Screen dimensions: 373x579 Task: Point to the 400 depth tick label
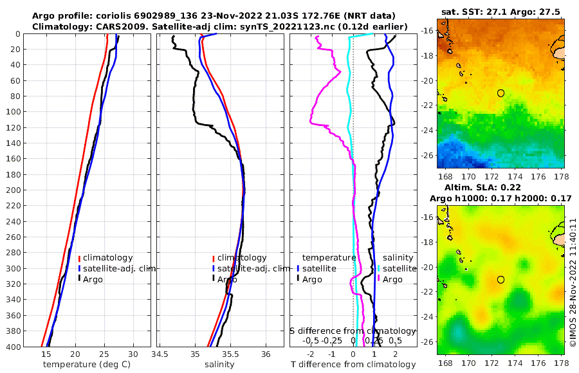(14, 347)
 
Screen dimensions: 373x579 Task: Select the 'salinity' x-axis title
(219, 365)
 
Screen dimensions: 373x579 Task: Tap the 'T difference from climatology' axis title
(353, 365)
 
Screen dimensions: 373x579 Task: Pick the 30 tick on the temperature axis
(133, 354)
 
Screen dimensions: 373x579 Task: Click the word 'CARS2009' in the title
(100, 26)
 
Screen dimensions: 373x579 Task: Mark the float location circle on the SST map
(501, 93)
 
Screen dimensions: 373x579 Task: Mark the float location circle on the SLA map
(501, 280)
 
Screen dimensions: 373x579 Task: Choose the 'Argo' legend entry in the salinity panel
(227, 279)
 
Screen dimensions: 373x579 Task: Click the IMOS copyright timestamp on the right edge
(572, 283)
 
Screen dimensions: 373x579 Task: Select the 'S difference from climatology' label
(353, 331)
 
